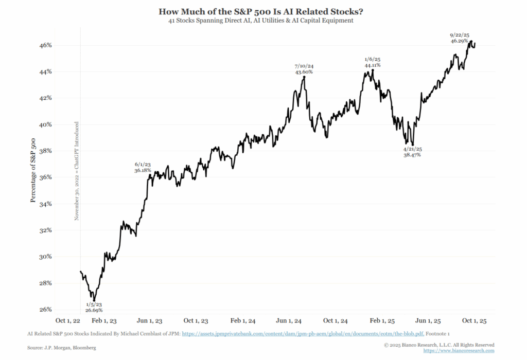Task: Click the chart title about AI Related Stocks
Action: tap(263, 11)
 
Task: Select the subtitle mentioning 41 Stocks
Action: tap(263, 21)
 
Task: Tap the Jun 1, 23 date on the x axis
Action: tap(150, 320)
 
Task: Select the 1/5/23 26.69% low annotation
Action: tap(94, 307)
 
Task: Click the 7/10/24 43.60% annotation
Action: tap(304, 69)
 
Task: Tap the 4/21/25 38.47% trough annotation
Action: tap(412, 151)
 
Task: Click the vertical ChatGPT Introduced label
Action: tap(76, 171)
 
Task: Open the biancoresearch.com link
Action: tap(459, 351)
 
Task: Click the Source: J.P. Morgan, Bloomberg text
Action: tap(62, 348)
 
